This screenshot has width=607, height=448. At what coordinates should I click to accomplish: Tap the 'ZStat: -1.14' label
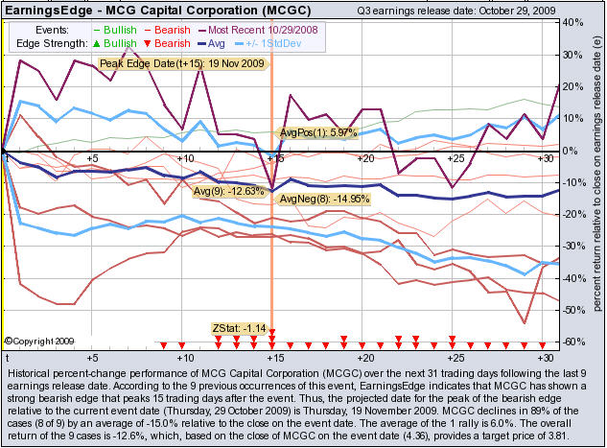pyautogui.click(x=237, y=329)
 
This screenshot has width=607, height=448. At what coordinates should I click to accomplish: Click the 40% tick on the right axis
pyautogui.click(x=569, y=22)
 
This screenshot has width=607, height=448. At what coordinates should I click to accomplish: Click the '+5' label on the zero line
pyautogui.click(x=92, y=158)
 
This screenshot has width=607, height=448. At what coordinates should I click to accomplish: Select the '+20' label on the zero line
pyautogui.click(x=364, y=158)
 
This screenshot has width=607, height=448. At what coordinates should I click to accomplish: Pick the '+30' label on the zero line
pyautogui.click(x=546, y=158)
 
